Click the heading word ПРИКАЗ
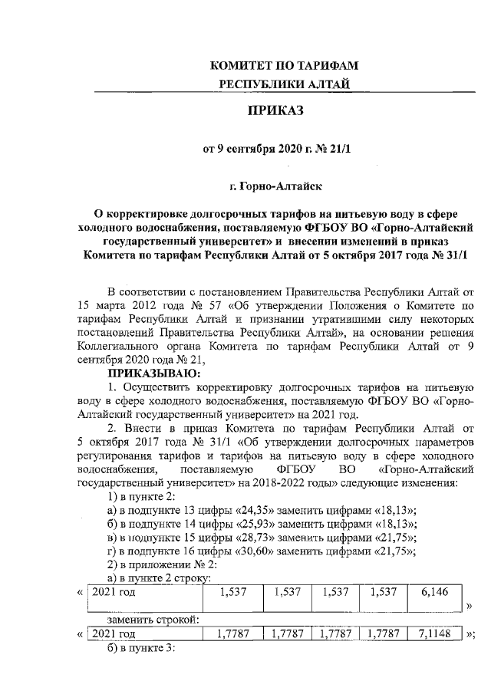click(x=275, y=112)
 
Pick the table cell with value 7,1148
click(x=434, y=634)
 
